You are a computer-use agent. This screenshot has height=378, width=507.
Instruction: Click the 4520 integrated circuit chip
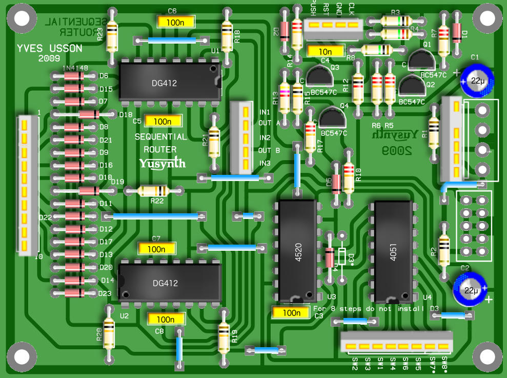pos(297,251)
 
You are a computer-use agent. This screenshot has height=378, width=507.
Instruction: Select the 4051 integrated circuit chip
pos(393,251)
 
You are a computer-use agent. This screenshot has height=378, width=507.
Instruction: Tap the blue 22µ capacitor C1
pos(477,81)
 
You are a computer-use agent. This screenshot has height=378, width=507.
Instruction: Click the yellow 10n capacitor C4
pos(325,51)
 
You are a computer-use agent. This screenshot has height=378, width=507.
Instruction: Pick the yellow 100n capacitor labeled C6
pos(176,23)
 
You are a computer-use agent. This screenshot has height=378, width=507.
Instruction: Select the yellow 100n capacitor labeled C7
pos(156,248)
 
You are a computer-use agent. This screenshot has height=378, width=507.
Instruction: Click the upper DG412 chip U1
pos(170,83)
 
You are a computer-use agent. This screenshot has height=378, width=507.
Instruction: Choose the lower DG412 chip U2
pos(170,282)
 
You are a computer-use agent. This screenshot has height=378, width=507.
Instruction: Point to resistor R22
pos(152,191)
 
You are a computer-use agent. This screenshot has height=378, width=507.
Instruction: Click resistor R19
pos(224,336)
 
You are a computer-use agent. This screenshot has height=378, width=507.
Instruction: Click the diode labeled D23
pos(74,293)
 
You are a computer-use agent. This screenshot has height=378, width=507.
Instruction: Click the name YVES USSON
pos(49,49)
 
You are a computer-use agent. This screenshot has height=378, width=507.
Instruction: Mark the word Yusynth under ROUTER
pos(162,164)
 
